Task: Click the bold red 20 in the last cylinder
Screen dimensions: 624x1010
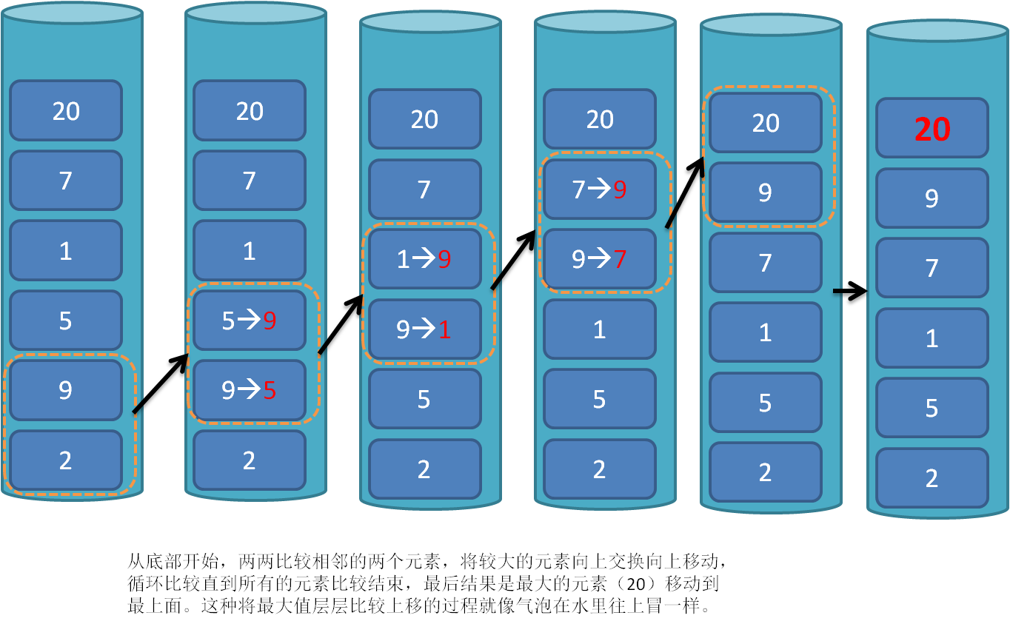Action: pos(932,129)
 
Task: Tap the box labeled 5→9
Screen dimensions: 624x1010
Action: pos(250,321)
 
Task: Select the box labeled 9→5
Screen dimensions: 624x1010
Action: pos(250,390)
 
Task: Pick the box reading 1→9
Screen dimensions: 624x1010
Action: pos(424,259)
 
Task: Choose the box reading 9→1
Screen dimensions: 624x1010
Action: pos(424,329)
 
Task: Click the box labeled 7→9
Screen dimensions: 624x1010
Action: pos(600,189)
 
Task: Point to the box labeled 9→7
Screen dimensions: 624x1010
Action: pos(600,259)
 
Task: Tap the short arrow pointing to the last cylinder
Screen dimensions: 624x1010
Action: pos(851,292)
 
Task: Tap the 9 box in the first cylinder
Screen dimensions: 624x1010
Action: pos(66,390)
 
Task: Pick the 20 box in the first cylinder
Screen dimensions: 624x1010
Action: pos(66,111)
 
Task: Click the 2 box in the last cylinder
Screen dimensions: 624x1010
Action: pos(932,478)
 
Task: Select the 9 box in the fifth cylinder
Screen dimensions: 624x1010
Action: pos(766,192)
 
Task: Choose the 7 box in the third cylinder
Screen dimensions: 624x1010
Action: pos(424,189)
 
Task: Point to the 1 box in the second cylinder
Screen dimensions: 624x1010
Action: pos(250,251)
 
